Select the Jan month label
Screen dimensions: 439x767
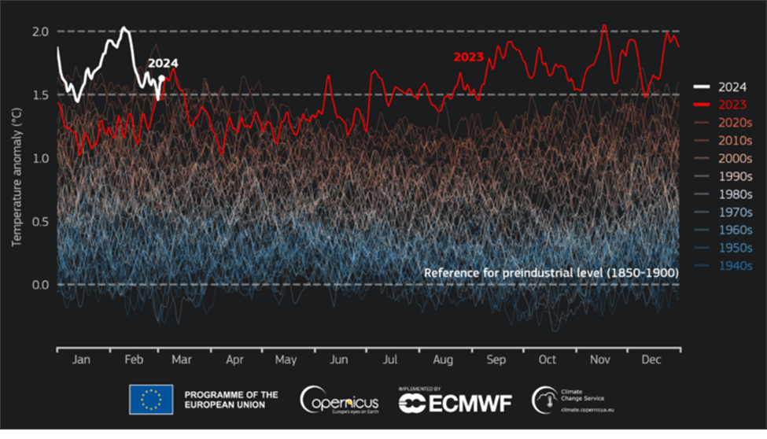point(82,360)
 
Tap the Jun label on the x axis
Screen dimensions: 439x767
point(338,360)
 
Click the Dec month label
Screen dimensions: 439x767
point(651,360)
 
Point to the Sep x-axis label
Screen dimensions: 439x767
point(496,360)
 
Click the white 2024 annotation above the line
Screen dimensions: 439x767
point(163,64)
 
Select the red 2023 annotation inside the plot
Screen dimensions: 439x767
point(468,57)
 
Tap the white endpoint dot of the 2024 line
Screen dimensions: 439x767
point(161,78)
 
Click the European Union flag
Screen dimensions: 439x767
point(151,400)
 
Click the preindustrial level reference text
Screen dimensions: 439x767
point(551,272)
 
